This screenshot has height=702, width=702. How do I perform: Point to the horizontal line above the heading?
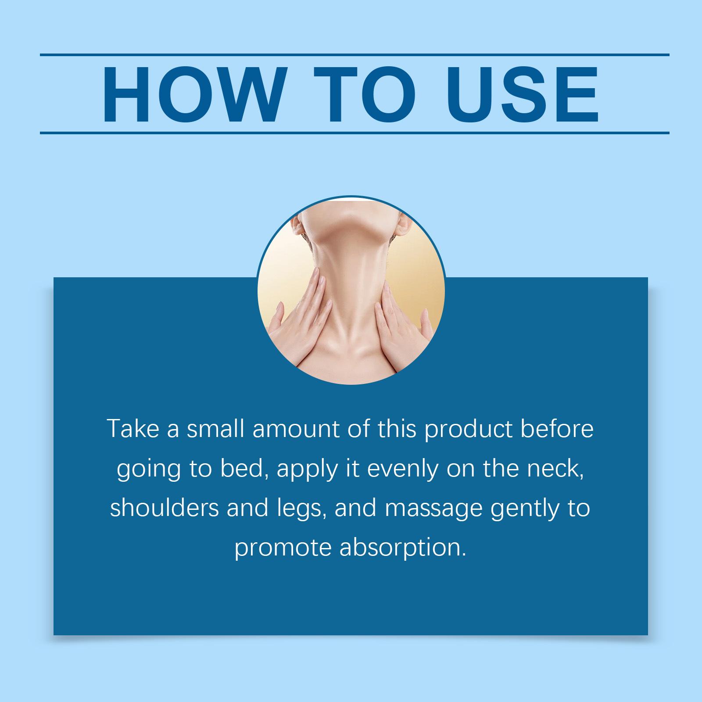(355, 55)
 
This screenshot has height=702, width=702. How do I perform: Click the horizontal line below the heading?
(355, 133)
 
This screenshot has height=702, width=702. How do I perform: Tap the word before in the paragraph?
(557, 429)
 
